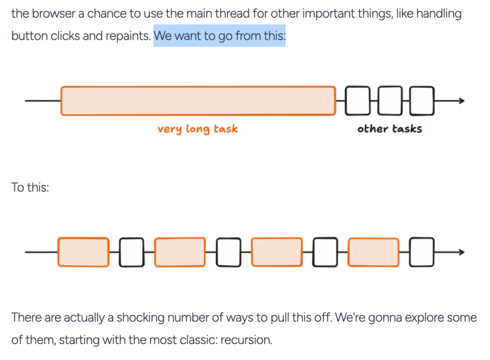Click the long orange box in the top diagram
point(198,101)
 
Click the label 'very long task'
point(198,129)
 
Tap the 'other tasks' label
point(390,129)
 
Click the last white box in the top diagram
point(422,101)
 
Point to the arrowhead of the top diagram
point(461,101)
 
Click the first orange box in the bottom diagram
point(83,252)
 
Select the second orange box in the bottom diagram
point(180,252)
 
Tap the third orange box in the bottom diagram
point(277,252)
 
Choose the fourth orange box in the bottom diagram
point(373,252)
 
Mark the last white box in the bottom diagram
point(422,252)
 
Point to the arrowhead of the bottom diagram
point(461,252)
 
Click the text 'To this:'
point(30,187)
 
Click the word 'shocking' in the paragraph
point(142,317)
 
